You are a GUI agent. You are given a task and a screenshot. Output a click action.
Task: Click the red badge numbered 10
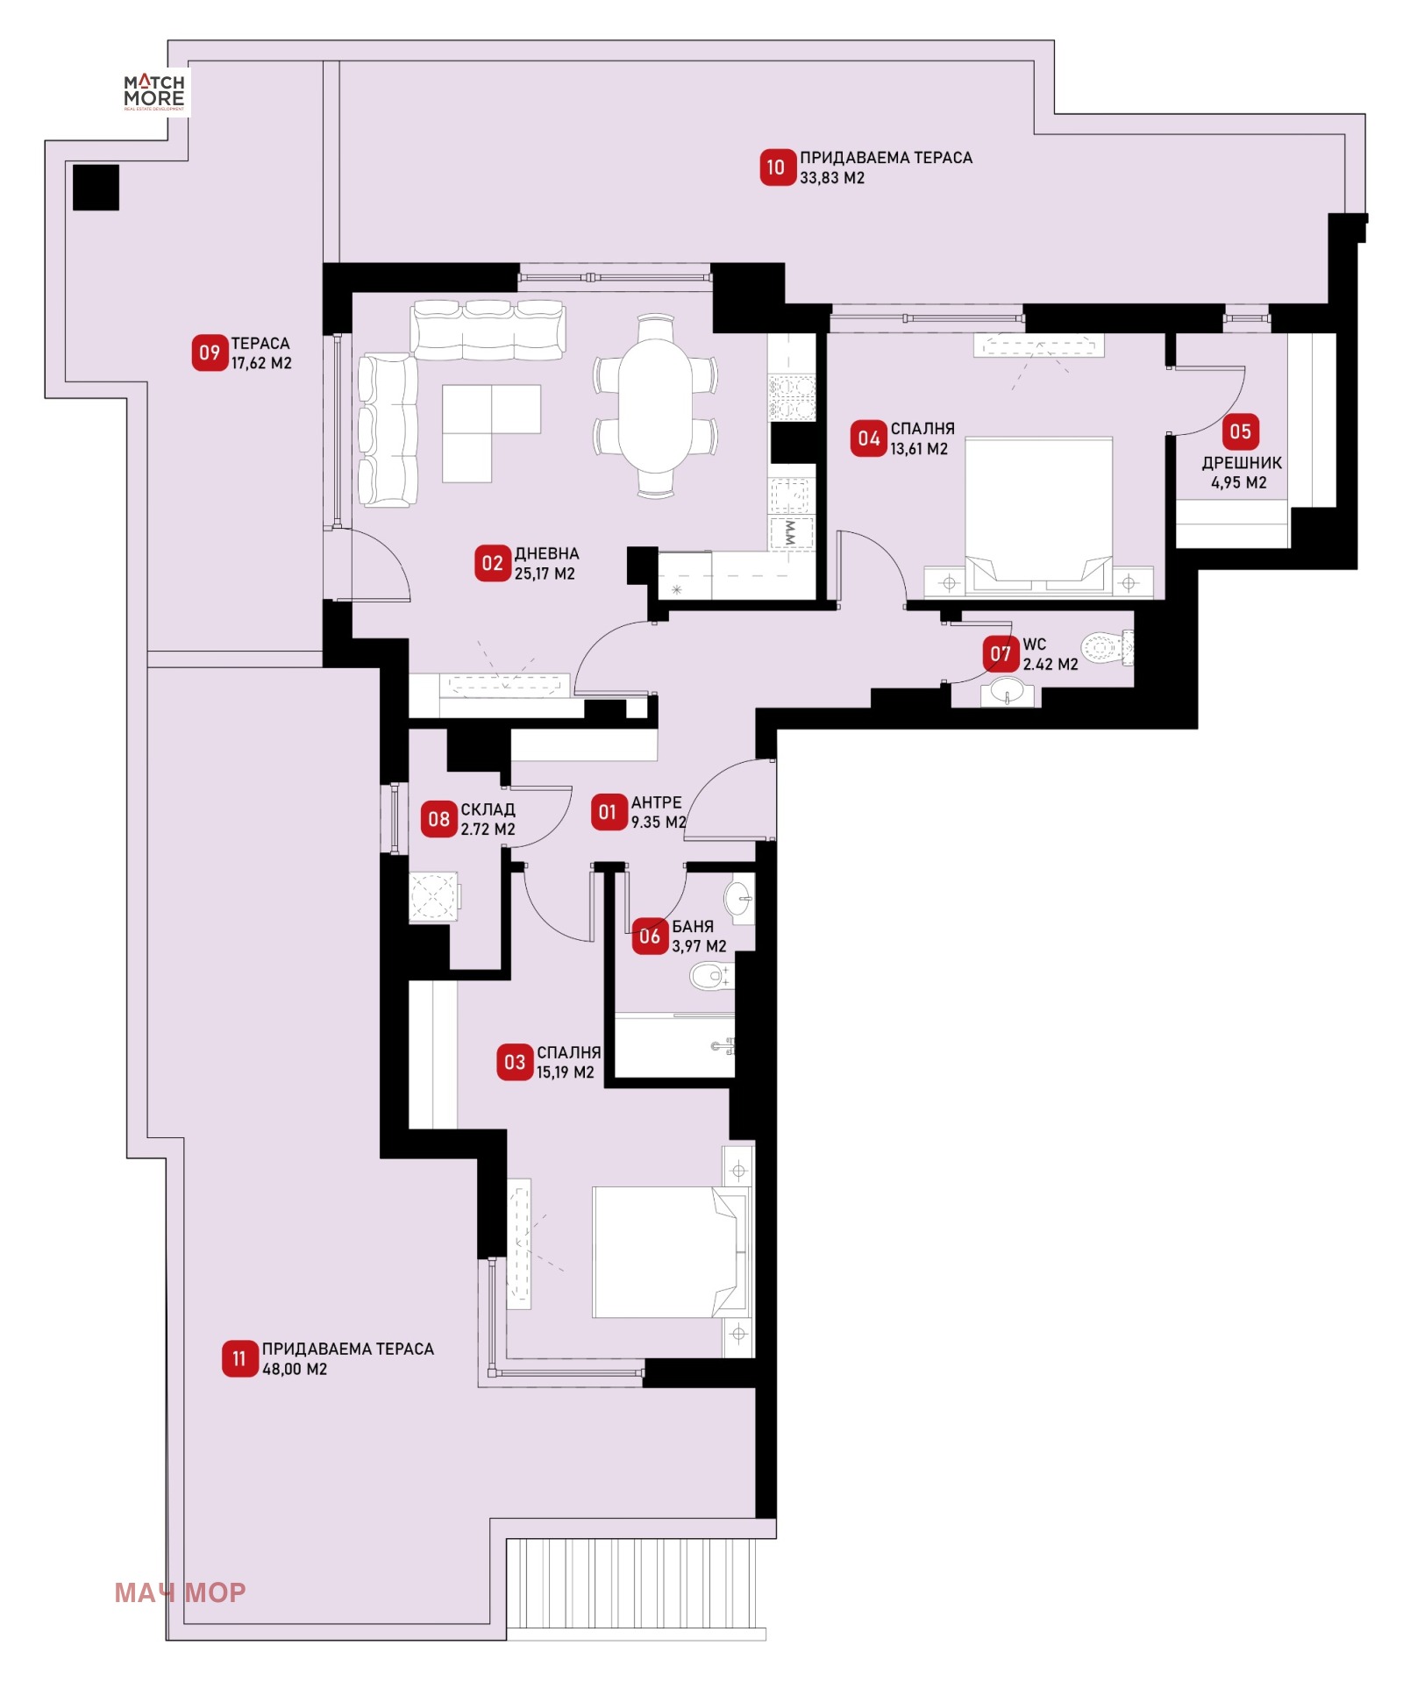tap(775, 167)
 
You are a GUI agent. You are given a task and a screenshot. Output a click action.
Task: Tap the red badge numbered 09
tap(210, 353)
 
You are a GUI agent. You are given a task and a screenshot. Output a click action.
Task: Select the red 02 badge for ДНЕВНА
tap(493, 563)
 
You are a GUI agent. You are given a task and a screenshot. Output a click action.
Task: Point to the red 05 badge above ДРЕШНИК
tap(1240, 431)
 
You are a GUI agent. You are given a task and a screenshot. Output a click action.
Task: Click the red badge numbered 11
tap(239, 1358)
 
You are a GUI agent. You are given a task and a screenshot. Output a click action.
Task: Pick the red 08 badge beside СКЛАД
tap(438, 819)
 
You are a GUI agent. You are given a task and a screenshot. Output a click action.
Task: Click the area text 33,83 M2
tap(832, 178)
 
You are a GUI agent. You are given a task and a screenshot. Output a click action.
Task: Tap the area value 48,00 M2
tap(295, 1369)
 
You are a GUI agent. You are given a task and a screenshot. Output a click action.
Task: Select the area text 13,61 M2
tap(919, 449)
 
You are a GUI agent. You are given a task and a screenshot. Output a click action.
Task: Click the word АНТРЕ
tap(656, 802)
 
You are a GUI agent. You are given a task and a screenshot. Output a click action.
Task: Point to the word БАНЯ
tap(693, 926)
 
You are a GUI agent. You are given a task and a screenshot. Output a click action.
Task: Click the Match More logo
tap(154, 91)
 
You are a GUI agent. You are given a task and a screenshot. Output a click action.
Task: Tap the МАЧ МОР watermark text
tap(180, 1592)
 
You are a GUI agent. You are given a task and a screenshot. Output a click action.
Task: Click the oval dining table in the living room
tap(655, 405)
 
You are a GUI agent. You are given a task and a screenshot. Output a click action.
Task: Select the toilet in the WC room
tap(1107, 649)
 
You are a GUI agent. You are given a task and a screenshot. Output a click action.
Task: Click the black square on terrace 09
tap(96, 188)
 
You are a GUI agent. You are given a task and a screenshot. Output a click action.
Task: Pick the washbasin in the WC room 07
tap(1008, 691)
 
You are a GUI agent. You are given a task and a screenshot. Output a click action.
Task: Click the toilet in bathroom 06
tap(711, 975)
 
